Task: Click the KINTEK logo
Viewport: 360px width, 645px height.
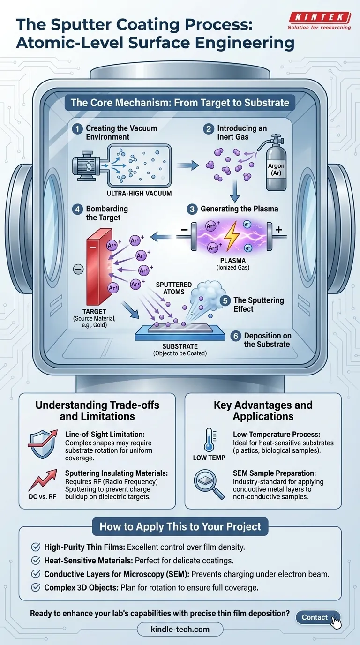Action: [x=320, y=18]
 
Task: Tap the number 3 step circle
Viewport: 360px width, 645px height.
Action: [x=193, y=209]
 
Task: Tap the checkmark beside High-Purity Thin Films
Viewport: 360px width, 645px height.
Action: [x=35, y=547]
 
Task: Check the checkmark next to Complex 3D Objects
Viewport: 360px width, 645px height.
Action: [x=35, y=588]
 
